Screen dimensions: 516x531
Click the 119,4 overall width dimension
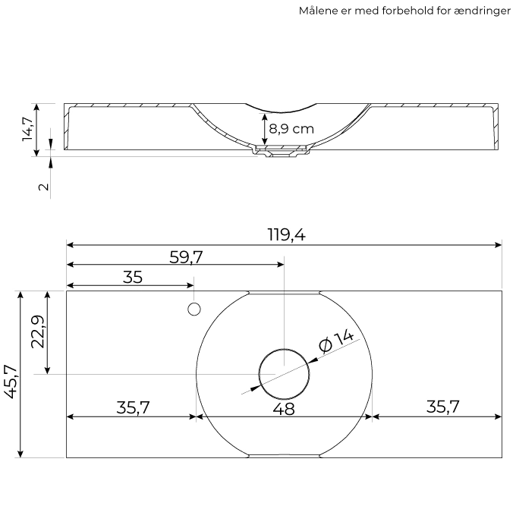286,234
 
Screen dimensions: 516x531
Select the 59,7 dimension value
186,257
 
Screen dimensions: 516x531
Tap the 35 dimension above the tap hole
133,277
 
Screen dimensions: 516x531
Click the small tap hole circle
194,309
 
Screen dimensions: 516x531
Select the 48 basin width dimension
284,409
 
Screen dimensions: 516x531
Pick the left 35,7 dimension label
133,407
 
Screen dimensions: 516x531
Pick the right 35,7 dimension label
442,407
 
